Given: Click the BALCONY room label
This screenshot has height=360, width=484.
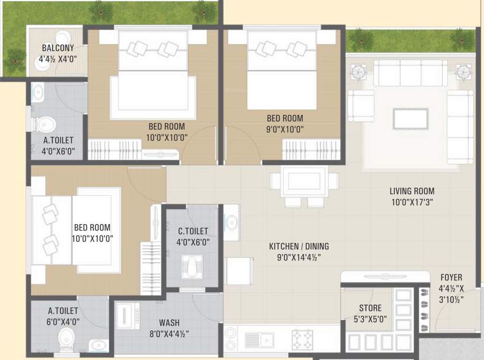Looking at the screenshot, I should coord(58,48).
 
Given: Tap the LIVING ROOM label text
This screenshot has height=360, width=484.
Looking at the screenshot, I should coord(412,191).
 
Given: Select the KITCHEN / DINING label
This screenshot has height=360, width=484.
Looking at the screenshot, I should coord(298,246).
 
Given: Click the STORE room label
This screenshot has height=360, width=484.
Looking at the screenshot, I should coord(370,308).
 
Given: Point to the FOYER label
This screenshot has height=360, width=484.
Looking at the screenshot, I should coord(450,277).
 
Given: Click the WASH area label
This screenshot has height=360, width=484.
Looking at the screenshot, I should coord(169,323).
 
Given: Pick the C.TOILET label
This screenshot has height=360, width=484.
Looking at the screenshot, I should coord(193,231).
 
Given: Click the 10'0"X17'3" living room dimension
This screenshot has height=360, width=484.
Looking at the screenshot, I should coord(412,202).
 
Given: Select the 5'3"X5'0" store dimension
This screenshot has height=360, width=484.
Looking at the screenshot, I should coord(370,320).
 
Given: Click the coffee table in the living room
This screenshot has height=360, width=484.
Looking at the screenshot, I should coord(410,118).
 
